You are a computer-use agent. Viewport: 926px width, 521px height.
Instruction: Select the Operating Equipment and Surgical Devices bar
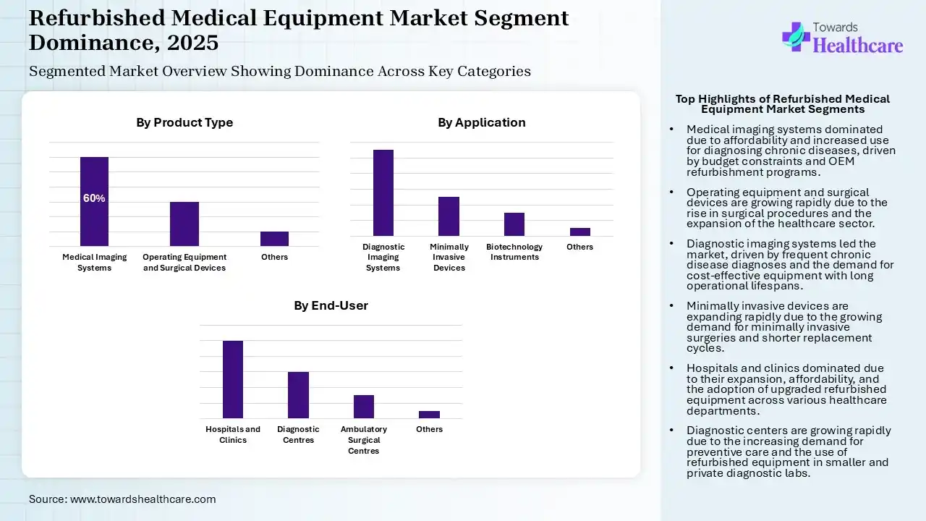tap(184, 224)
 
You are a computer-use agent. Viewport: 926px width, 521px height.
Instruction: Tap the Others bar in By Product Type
tap(274, 239)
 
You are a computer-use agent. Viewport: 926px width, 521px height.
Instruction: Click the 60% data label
tap(94, 198)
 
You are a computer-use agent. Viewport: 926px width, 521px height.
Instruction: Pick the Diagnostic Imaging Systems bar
tap(383, 192)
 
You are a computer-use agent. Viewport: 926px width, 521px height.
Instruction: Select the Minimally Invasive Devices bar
tap(449, 216)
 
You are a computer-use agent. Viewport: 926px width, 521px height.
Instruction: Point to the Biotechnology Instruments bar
tap(514, 224)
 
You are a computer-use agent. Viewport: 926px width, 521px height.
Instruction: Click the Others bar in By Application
tap(579, 232)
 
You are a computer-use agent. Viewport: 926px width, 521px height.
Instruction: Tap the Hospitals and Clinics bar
tap(233, 379)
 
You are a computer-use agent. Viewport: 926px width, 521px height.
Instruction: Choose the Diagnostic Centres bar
tap(298, 395)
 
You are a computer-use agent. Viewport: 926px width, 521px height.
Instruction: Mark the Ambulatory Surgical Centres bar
tap(364, 407)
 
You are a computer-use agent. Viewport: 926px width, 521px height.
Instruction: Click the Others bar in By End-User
tap(429, 415)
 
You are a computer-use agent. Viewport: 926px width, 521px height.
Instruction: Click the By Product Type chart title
tap(184, 123)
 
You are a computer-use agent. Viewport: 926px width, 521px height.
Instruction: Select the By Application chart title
tap(482, 123)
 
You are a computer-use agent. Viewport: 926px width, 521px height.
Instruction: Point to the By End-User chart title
tap(331, 306)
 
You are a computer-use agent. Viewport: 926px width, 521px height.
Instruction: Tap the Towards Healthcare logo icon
tap(796, 36)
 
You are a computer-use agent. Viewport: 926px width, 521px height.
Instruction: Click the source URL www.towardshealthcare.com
tap(143, 499)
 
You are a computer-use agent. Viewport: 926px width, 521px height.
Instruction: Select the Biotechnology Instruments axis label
tap(514, 252)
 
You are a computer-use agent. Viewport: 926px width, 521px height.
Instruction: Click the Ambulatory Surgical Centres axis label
tap(364, 440)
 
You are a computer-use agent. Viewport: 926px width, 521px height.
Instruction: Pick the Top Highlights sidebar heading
tap(783, 104)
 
